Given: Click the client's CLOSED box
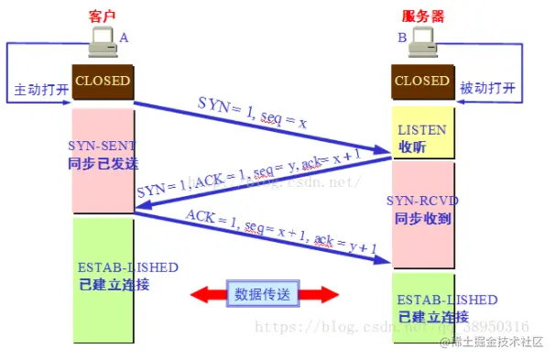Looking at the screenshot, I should (x=103, y=82).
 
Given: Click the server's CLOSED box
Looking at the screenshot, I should (x=422, y=81).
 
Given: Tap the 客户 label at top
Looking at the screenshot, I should (x=103, y=17).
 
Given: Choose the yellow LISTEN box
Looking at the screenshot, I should (x=423, y=136).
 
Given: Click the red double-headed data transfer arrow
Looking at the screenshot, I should (x=264, y=294).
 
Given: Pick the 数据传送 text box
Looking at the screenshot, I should (x=264, y=294).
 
